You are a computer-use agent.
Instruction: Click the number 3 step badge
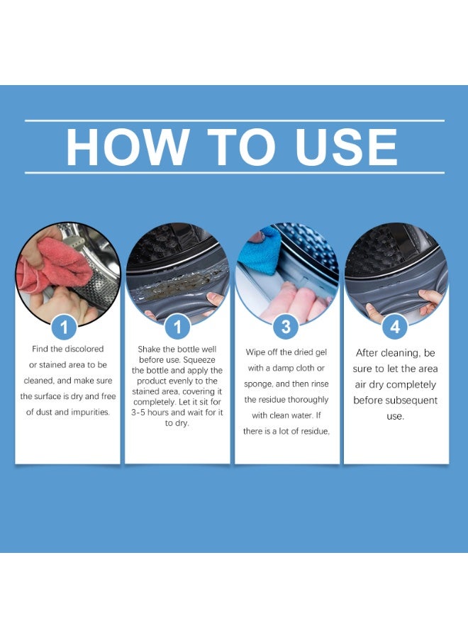286,327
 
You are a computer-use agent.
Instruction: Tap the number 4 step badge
396,327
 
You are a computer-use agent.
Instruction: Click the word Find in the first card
41,349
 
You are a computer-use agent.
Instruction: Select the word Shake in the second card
150,349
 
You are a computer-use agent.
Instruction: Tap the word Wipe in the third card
258,352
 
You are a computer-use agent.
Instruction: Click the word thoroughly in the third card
308,400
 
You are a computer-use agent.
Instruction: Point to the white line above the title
234,121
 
